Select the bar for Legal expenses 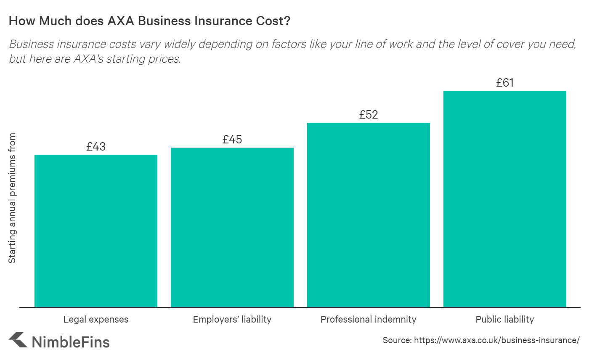coord(96,231)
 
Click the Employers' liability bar coord(232,227)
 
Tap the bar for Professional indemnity coord(369,215)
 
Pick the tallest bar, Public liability coord(505,199)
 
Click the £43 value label coord(96,147)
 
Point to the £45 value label coord(232,140)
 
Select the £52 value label coord(369,115)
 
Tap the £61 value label coord(505,83)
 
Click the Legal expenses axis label coord(96,320)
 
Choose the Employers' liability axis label coord(232,320)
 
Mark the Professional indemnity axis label coord(369,320)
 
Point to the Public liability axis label coord(505,320)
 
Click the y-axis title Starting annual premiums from coord(13,198)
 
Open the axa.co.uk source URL coord(497,340)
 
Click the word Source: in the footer coord(397,340)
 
